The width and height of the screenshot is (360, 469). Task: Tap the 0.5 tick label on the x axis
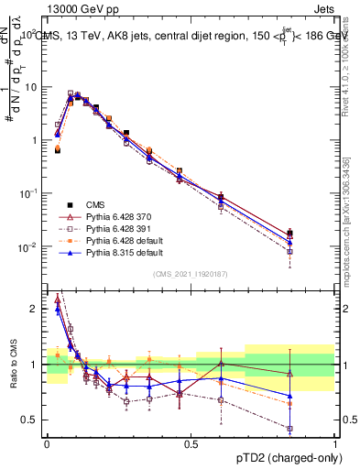(x=191, y=443)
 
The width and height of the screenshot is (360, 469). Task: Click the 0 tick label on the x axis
(x=47, y=443)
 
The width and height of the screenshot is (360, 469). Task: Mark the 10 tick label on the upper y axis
(x=33, y=87)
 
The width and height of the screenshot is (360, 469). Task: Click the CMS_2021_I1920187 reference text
(x=190, y=274)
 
